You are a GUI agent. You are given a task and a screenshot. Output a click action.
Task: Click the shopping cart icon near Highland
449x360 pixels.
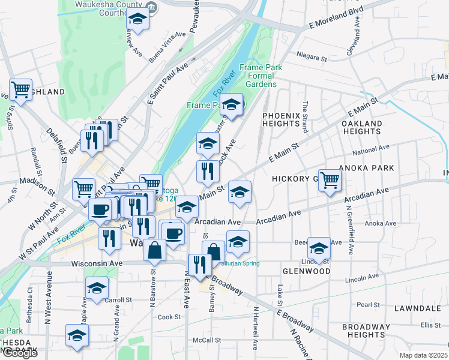point(21,90)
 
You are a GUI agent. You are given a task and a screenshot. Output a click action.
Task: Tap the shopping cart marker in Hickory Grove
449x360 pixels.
point(330,179)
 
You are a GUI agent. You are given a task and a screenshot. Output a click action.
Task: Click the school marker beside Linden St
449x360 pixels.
point(319,247)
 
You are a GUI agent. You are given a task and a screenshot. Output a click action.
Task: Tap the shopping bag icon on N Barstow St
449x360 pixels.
point(155,250)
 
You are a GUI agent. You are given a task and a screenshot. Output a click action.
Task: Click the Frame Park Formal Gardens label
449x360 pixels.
point(261,76)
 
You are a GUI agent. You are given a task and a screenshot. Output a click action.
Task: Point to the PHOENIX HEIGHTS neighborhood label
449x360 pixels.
point(281,119)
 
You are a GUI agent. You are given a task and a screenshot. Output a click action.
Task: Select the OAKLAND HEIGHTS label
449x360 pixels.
point(361,127)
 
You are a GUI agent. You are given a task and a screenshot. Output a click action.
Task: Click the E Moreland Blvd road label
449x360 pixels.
point(336,19)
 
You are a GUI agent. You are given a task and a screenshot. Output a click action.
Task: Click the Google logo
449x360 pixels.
point(20,353)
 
